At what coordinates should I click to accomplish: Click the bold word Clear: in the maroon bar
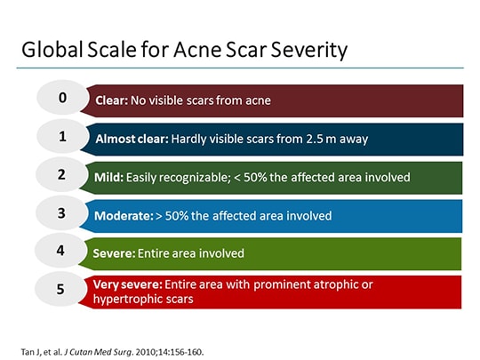pos(113,101)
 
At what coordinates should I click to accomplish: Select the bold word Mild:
pos(110,178)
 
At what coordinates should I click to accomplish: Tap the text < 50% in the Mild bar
pos(252,178)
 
